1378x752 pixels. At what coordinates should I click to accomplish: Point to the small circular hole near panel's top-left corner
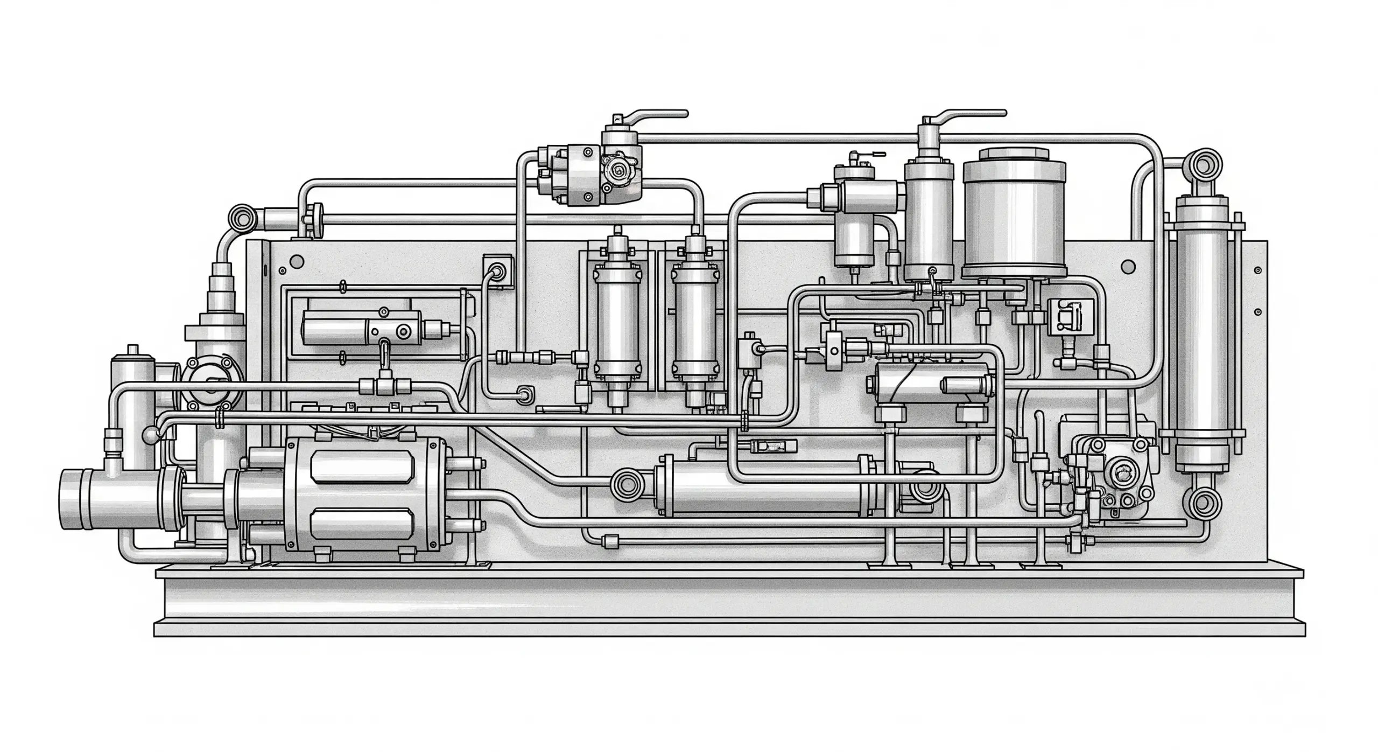(296, 262)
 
